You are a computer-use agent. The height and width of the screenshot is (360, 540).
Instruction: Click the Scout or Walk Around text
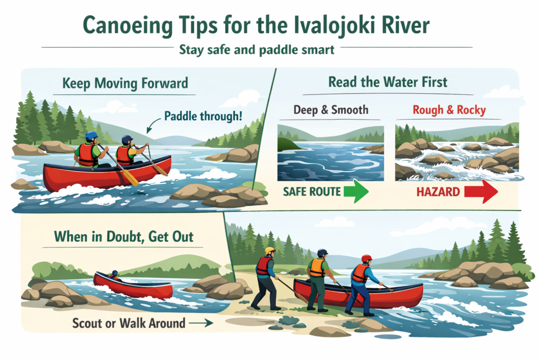(x=129, y=323)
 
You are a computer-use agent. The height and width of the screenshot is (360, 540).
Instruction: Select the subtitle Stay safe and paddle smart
(x=256, y=51)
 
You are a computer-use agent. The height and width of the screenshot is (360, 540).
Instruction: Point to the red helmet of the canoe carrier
(x=367, y=258)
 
